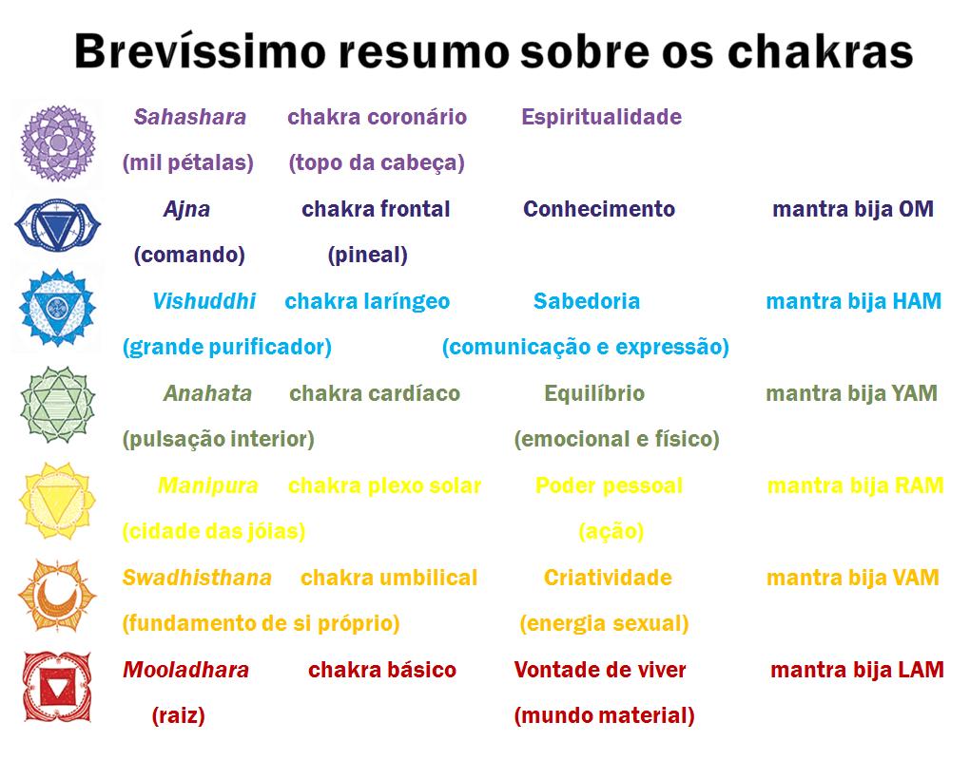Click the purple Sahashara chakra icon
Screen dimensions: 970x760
click(x=57, y=142)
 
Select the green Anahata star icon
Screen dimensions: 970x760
click(x=57, y=405)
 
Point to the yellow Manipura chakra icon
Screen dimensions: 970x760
click(x=57, y=501)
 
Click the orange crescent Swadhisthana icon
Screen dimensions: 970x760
click(x=57, y=595)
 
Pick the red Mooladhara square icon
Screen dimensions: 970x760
click(x=57, y=687)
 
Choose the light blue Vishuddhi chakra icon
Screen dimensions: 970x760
click(x=57, y=308)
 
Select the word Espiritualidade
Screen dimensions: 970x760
click(x=601, y=117)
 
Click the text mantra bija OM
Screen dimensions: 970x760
click(x=853, y=209)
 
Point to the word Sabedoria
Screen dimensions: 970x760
click(x=587, y=301)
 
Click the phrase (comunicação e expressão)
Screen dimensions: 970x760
click(x=585, y=347)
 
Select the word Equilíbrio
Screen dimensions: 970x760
click(x=594, y=393)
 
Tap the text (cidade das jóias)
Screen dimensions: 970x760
click(x=214, y=531)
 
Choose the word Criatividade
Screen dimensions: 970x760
click(x=608, y=578)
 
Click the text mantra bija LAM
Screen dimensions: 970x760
click(x=858, y=670)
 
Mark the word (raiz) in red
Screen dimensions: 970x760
click(x=178, y=715)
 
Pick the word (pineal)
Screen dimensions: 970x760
click(x=367, y=255)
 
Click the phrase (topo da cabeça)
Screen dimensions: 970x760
click(x=377, y=162)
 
